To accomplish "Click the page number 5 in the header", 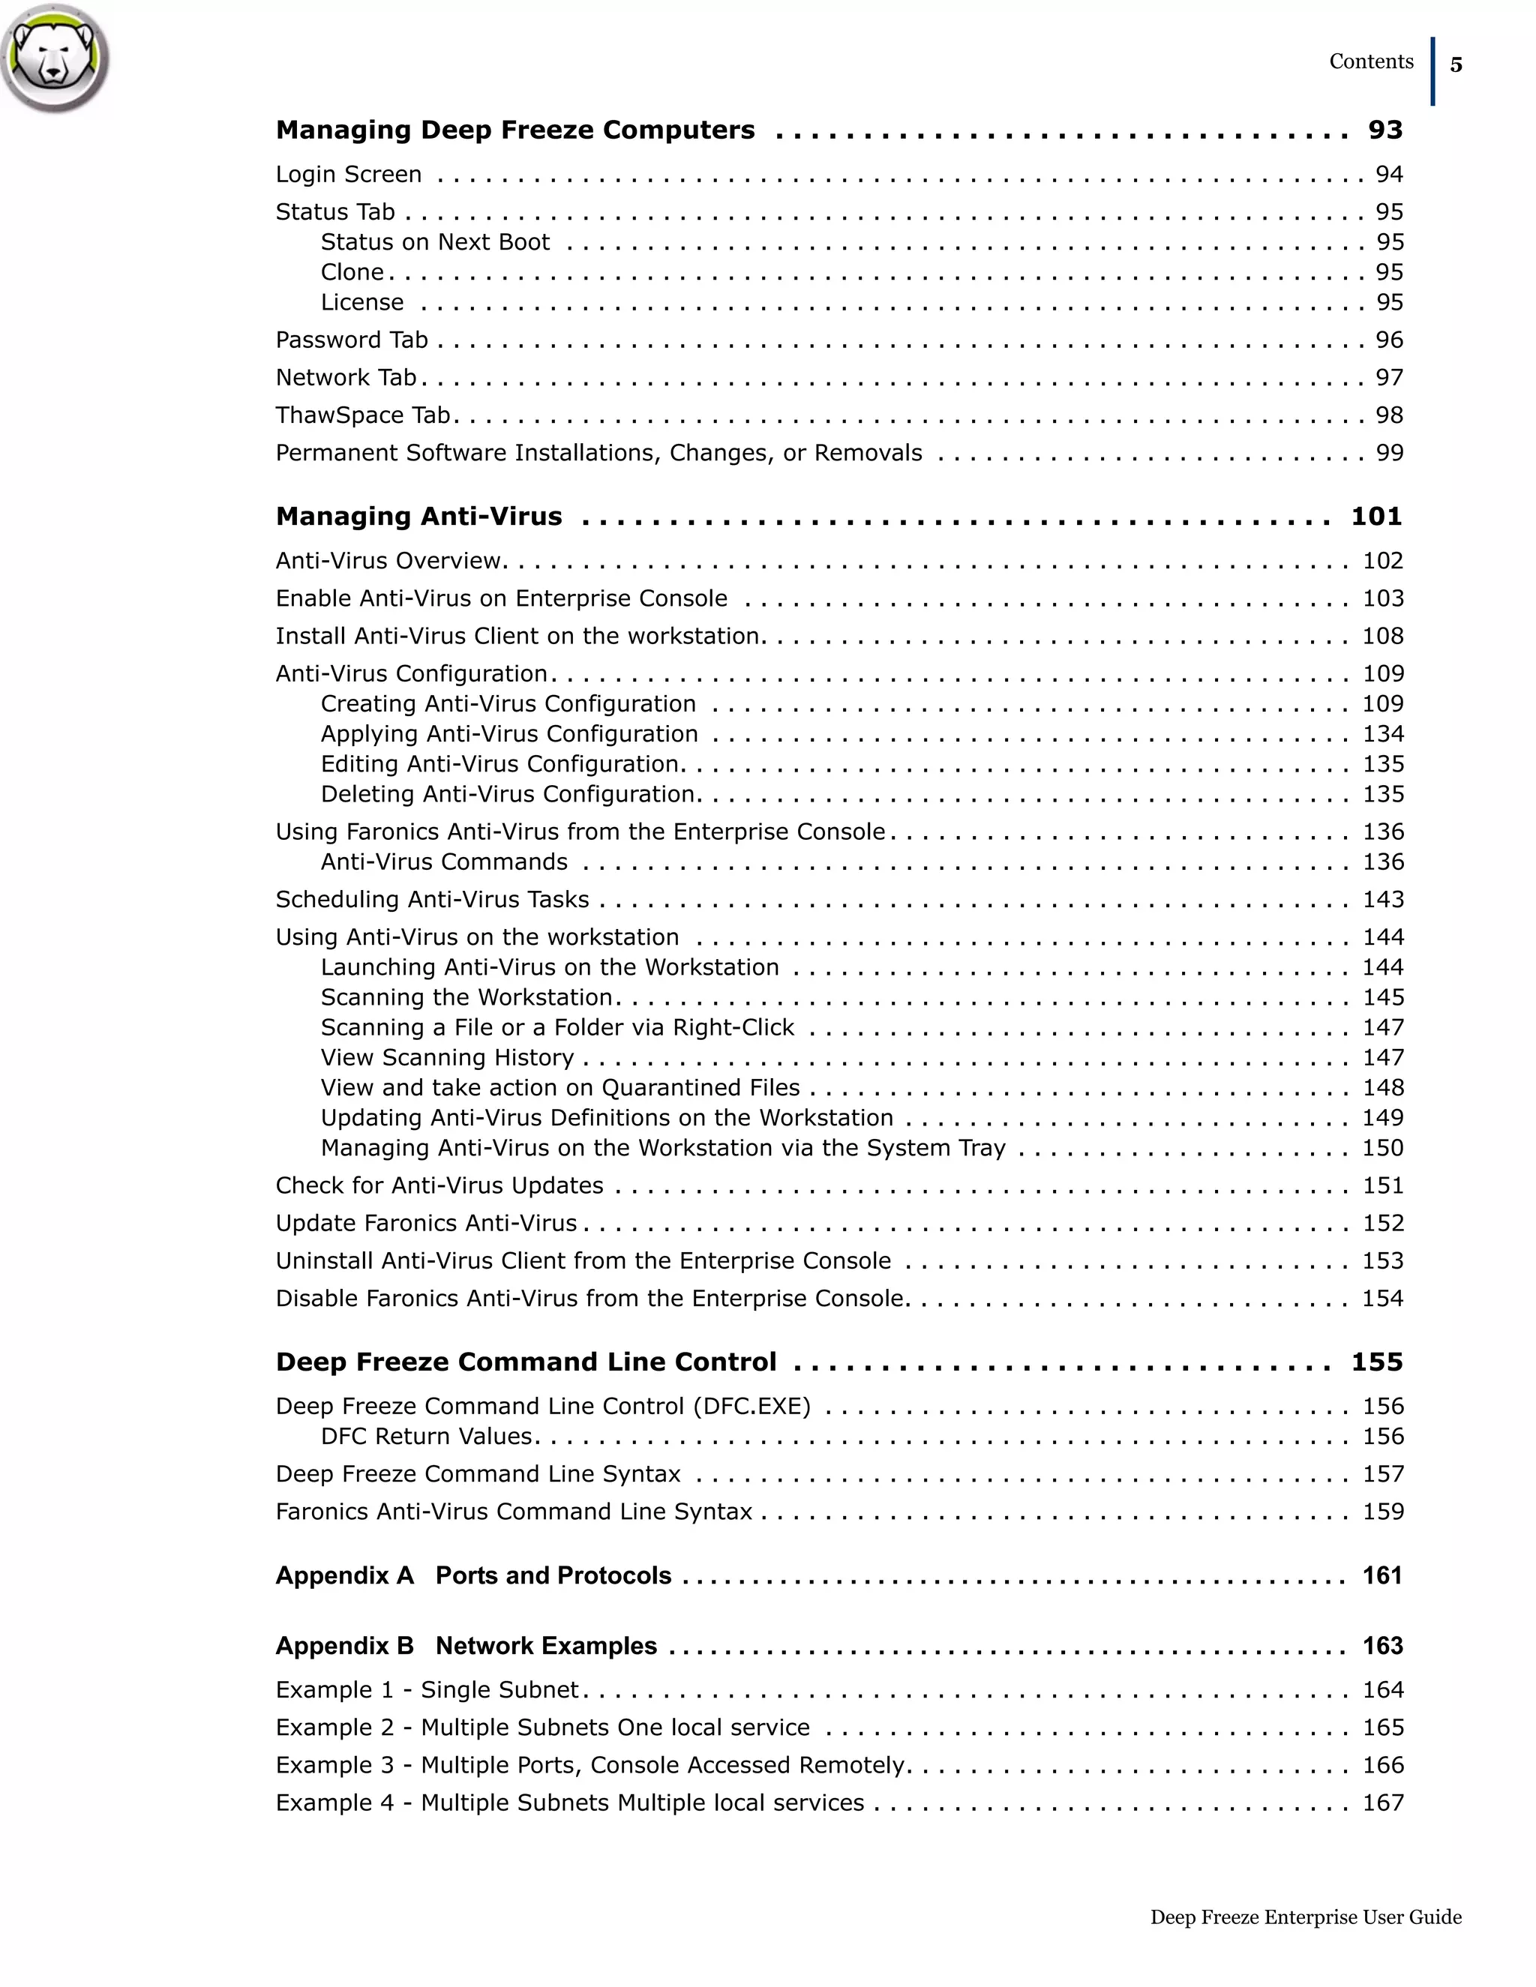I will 1456,64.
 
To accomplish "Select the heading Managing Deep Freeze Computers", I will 515,130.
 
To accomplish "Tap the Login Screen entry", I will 349,174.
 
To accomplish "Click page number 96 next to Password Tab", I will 1388,340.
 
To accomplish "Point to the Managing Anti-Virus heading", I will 418,517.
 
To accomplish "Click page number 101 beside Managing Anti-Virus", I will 1375,517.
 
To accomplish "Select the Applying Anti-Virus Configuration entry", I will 508,733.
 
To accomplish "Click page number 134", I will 1382,733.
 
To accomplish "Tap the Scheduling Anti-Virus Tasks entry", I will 432,899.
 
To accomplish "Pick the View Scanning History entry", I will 447,1057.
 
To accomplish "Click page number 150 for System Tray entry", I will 1382,1147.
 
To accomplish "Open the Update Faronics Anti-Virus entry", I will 426,1223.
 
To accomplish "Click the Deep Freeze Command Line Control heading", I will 526,1362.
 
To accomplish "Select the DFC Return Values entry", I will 427,1436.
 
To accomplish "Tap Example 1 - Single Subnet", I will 427,1689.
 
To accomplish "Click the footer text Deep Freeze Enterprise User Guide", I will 1305,1917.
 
